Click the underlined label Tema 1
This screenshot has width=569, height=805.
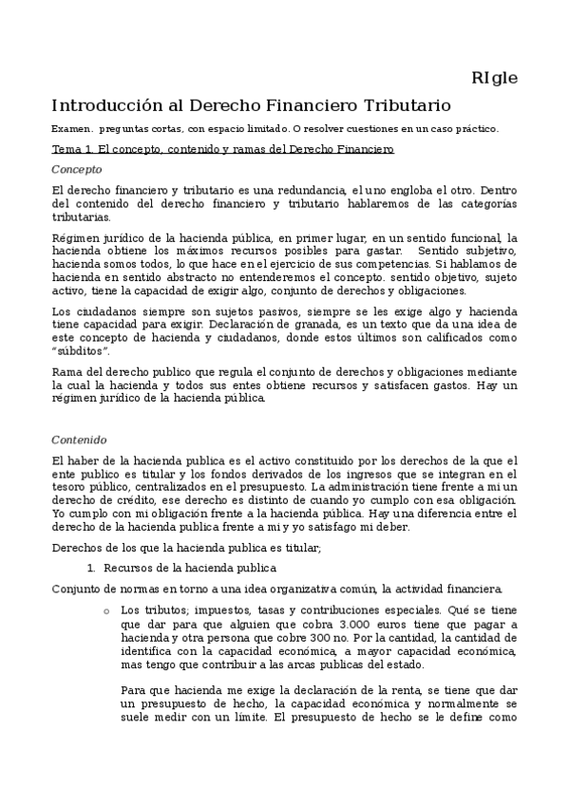[x=72, y=149]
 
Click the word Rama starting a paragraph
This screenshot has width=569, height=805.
[x=66, y=371]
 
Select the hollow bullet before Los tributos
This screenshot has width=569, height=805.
[x=105, y=610]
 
